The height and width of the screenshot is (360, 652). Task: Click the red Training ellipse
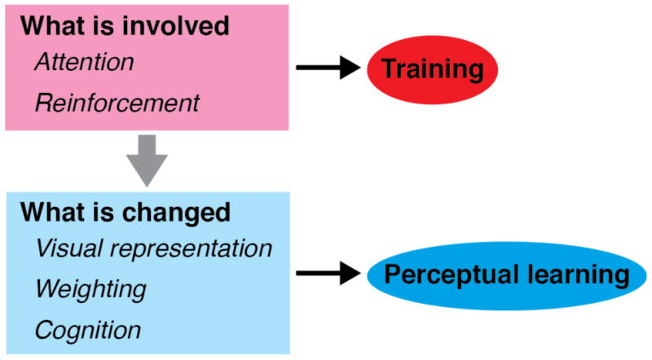coord(432,69)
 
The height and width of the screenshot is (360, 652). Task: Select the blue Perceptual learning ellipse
coord(506,275)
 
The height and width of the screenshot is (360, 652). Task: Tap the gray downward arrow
coord(147,160)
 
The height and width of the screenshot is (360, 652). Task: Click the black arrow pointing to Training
coord(328,67)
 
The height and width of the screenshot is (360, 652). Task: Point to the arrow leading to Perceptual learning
coord(328,273)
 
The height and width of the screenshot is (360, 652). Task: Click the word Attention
coord(85,62)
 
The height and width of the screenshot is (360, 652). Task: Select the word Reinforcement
coord(117,103)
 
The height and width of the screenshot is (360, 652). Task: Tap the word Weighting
coord(90,289)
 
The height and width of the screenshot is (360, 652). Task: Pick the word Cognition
coord(88,330)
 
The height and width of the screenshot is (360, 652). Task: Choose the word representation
coord(191,249)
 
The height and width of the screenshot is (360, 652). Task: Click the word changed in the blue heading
coord(176,213)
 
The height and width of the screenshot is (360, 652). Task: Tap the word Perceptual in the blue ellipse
coord(451,276)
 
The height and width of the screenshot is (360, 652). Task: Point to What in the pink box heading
coord(52,26)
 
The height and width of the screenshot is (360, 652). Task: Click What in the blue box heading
coord(52,212)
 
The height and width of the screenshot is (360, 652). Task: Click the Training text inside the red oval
coord(433,69)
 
